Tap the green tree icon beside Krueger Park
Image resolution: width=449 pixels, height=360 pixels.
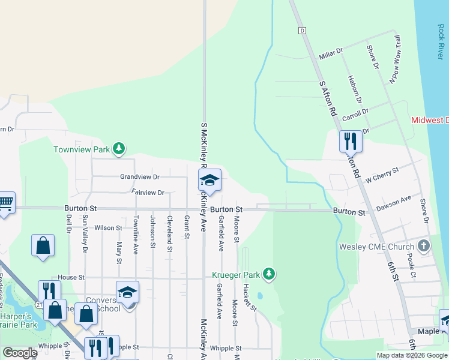tap(270, 274)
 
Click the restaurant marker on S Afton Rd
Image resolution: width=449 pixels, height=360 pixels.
tap(351, 142)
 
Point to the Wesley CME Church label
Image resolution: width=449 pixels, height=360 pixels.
tap(376, 246)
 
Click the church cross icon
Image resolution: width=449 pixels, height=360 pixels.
tap(424, 245)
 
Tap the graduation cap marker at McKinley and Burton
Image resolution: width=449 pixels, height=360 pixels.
tap(209, 180)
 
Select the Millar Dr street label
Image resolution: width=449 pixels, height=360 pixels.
tap(331, 55)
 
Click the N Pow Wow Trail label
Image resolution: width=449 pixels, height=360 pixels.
tap(394, 59)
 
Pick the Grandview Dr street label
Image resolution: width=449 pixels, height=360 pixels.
tap(140, 177)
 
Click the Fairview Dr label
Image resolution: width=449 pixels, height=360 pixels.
tap(148, 193)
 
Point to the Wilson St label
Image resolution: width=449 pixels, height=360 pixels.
tap(108, 228)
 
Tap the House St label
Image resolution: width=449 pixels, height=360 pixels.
tap(71, 278)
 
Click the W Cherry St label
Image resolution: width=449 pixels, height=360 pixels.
tap(382, 175)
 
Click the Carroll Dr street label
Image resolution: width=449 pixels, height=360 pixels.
tap(355, 114)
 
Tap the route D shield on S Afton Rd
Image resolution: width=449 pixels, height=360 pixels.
tap(302, 30)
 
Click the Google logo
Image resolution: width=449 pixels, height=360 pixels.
tap(20, 353)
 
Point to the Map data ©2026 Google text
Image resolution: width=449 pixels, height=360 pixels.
tap(411, 355)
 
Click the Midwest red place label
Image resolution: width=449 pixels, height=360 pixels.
tap(430, 120)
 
